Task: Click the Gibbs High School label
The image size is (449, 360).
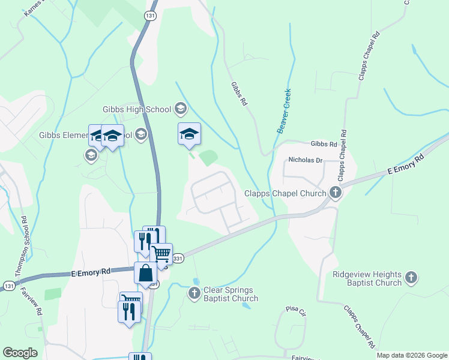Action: click(x=137, y=109)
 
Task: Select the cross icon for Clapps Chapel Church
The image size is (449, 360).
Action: click(x=336, y=193)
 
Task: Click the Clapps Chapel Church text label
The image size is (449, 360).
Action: click(x=285, y=193)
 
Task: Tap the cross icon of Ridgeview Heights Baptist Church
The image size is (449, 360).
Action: click(x=411, y=277)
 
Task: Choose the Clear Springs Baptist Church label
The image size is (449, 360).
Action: click(x=231, y=294)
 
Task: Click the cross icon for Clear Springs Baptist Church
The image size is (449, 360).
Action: click(x=194, y=293)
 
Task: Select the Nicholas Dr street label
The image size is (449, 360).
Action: click(x=306, y=160)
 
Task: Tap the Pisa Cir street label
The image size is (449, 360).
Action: click(x=295, y=313)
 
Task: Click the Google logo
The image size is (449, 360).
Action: click(x=20, y=352)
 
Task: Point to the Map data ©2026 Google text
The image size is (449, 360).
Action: click(x=411, y=355)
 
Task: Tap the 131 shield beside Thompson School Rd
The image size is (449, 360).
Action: click(x=8, y=286)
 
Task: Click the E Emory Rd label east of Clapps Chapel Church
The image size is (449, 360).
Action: click(x=406, y=163)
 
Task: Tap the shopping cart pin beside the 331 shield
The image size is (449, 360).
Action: click(x=161, y=254)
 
